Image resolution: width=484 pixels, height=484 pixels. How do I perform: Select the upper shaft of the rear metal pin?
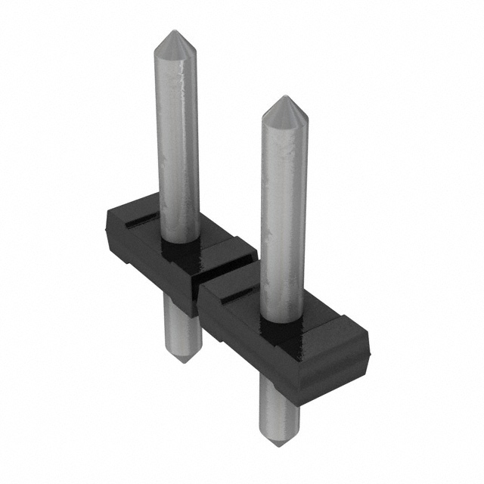(x=178, y=136)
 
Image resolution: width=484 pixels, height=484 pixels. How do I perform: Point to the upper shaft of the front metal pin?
(x=284, y=212)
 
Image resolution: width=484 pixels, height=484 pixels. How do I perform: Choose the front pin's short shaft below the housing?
(x=277, y=405)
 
